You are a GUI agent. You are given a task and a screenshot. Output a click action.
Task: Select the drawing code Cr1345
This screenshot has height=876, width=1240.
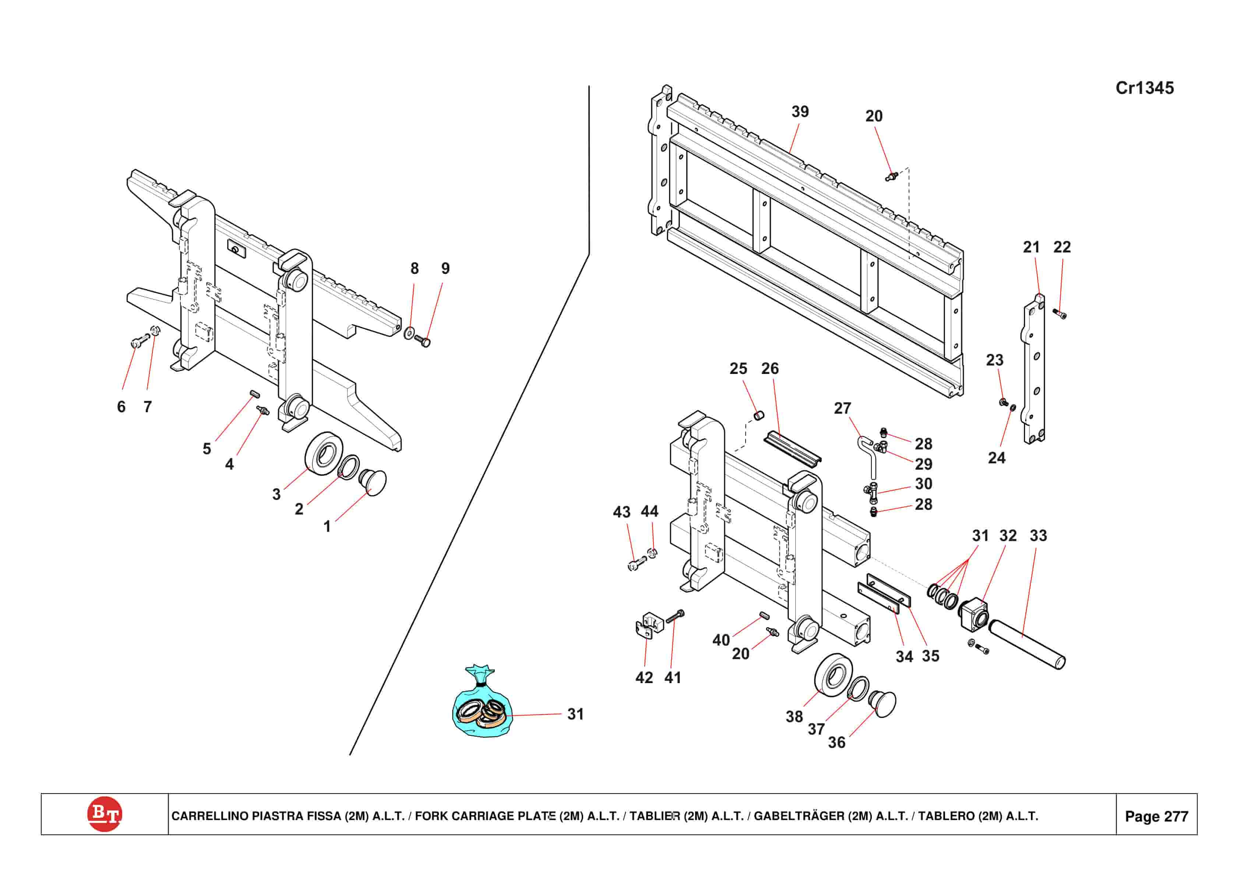[1144, 88]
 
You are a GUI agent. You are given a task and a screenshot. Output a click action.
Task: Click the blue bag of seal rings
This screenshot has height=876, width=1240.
[482, 706]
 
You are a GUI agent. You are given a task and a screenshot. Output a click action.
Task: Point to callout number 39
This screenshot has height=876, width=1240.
[800, 112]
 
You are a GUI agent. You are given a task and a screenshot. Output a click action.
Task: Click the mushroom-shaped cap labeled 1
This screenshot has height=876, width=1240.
[374, 482]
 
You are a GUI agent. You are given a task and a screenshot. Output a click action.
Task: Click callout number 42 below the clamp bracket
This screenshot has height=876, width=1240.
[644, 677]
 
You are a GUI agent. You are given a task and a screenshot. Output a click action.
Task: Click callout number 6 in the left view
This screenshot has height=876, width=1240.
[121, 407]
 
